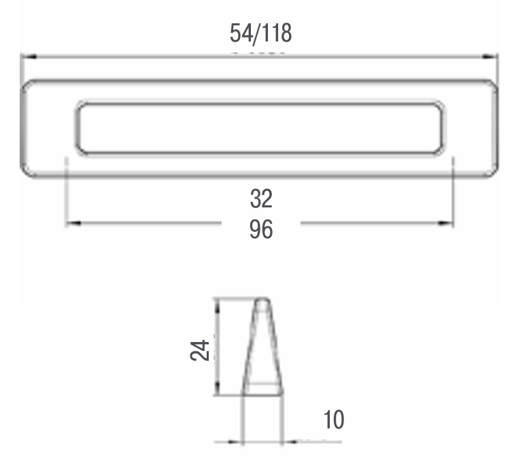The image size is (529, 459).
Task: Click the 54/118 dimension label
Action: pyautogui.click(x=261, y=33)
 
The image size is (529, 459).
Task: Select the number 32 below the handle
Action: pyautogui.click(x=261, y=199)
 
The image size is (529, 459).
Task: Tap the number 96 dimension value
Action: pyautogui.click(x=261, y=230)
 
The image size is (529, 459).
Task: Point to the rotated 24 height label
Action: pyautogui.click(x=200, y=350)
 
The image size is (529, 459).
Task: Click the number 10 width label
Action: pyautogui.click(x=334, y=420)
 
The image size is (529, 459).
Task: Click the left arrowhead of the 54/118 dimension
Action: pyautogui.click(x=29, y=56)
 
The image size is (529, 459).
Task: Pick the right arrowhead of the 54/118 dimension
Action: pyautogui.click(x=490, y=56)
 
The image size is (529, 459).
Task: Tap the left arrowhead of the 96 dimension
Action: pyautogui.click(x=73, y=223)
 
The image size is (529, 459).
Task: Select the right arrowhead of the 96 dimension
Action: pyautogui.click(x=445, y=223)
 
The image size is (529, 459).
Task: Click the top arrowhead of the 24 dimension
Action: pyautogui.click(x=218, y=307)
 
